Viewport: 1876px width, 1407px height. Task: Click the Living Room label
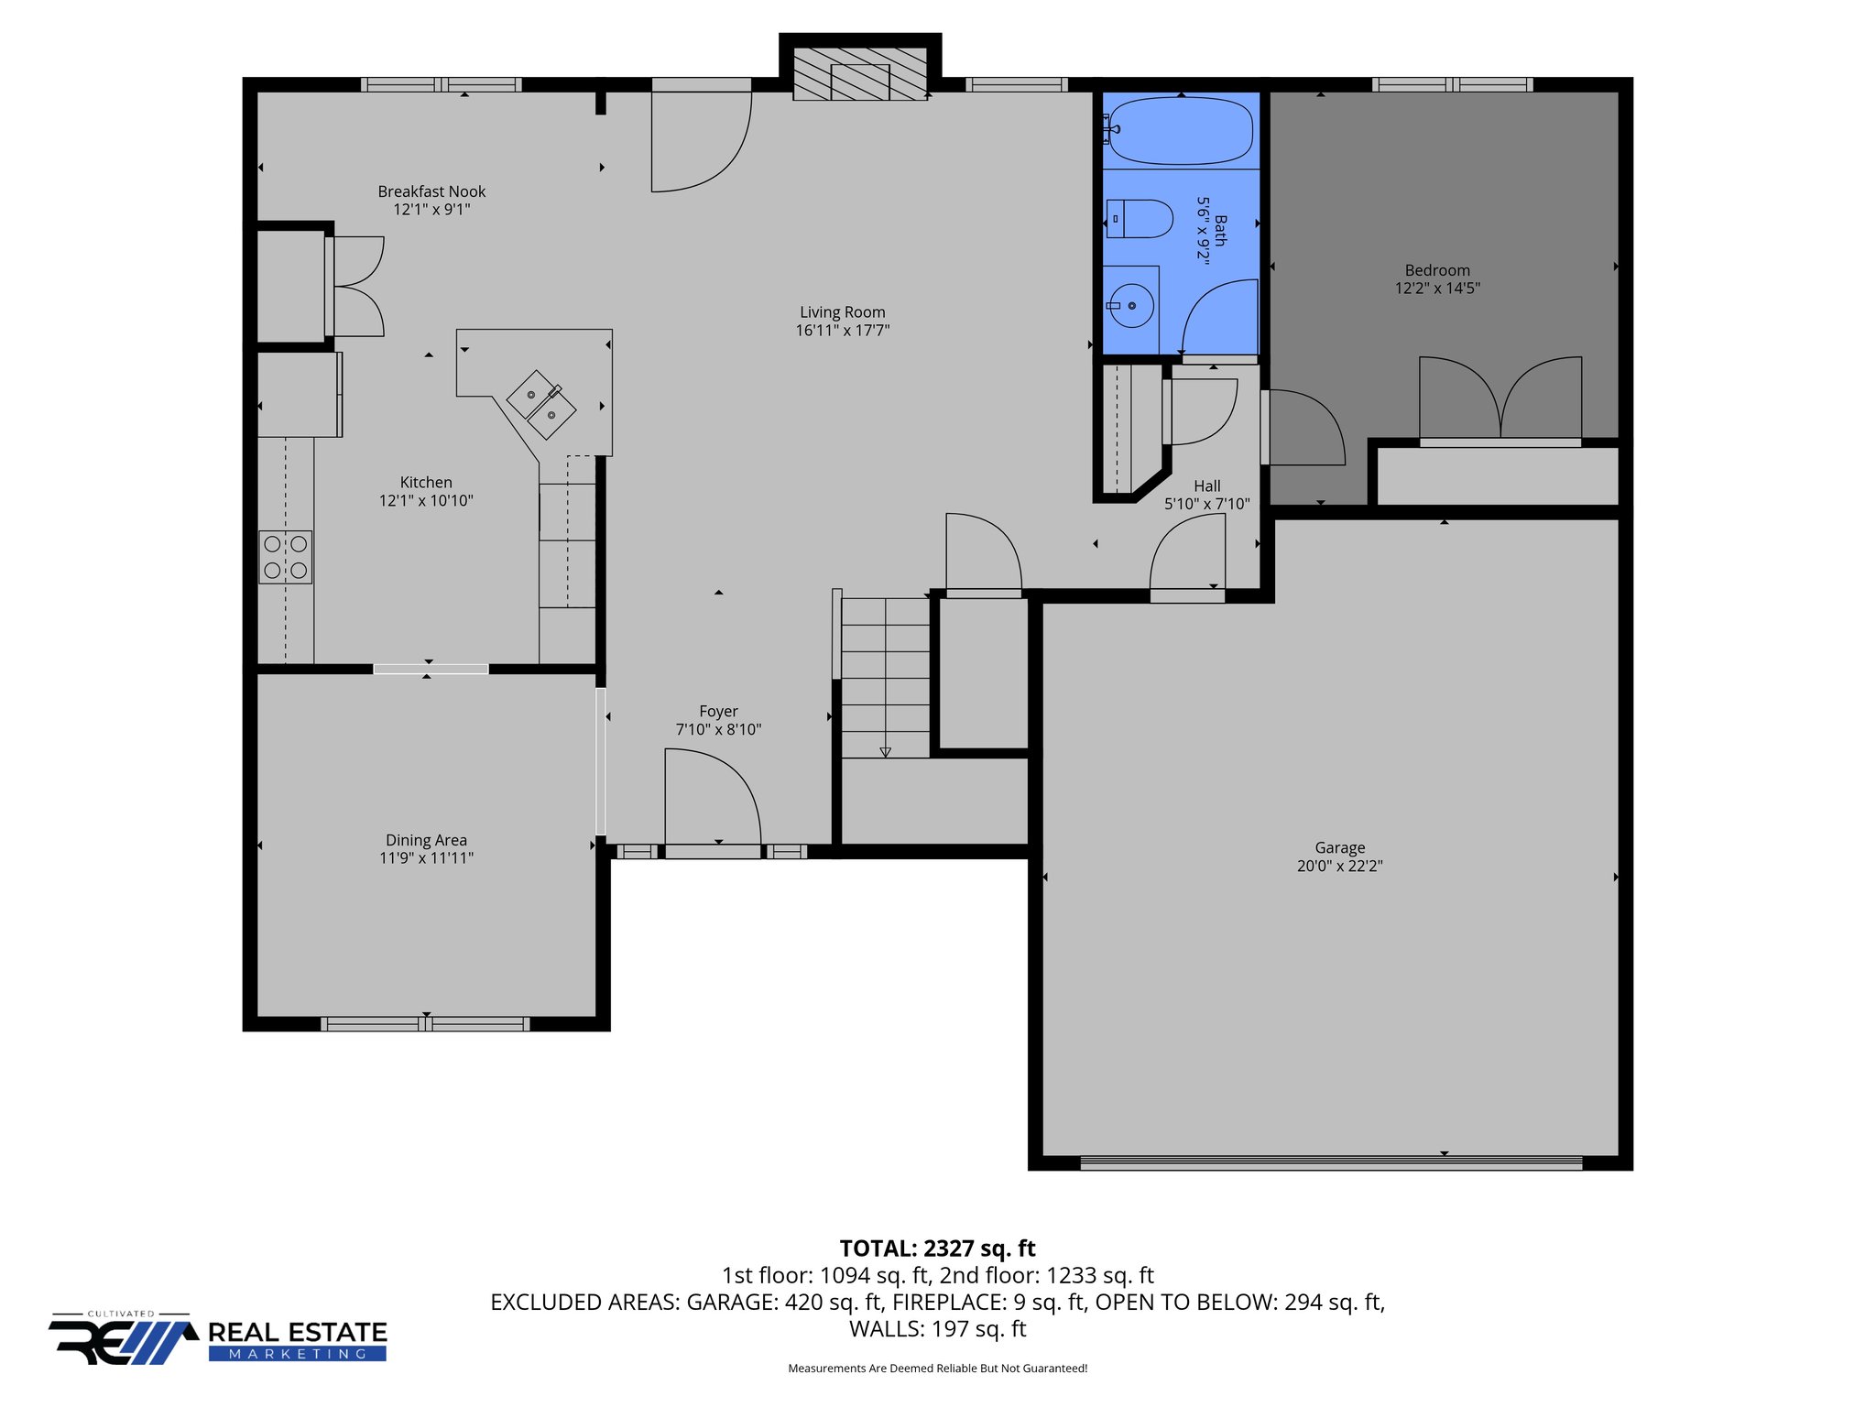[842, 312]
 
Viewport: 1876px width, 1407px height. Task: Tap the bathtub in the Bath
[1180, 131]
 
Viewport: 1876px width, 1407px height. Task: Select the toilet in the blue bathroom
[1140, 219]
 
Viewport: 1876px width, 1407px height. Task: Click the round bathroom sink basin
[1131, 305]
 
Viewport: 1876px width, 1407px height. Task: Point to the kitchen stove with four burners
[285, 557]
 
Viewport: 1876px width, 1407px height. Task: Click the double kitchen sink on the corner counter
[541, 404]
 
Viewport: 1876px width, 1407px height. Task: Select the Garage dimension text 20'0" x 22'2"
[1339, 867]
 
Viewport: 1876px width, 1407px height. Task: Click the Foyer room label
[718, 712]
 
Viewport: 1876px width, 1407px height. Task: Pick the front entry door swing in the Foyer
[712, 797]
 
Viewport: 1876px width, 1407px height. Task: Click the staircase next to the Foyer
[885, 678]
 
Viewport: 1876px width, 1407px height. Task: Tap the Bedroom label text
[1437, 270]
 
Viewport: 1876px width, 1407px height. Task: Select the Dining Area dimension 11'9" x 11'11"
[426, 858]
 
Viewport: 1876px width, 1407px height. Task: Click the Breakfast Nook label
[431, 191]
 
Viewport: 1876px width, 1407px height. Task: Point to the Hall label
[1206, 486]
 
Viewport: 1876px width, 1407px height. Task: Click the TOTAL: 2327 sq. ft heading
[937, 1249]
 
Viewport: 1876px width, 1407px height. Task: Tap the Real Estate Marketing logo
[218, 1340]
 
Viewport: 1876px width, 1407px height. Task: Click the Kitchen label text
[426, 483]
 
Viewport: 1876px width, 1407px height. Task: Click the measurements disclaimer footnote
[937, 1369]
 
